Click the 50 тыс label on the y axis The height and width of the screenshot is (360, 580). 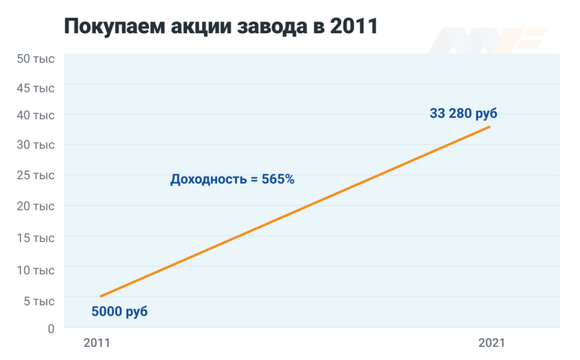tap(36, 59)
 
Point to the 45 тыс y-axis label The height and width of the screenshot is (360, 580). tap(36, 88)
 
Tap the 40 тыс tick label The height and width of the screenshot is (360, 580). tap(36, 115)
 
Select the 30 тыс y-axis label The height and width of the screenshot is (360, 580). tap(36, 145)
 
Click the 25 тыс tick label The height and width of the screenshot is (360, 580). tap(36, 175)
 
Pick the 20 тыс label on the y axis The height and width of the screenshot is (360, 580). tap(36, 206)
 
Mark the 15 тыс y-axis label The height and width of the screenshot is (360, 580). tap(36, 237)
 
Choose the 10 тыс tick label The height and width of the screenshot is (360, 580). tap(36, 270)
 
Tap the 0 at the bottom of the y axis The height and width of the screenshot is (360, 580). tap(49, 328)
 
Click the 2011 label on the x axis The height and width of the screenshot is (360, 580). tap(97, 343)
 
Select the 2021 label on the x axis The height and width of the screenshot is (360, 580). tap(491, 343)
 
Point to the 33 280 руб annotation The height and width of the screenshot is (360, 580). tap(463, 113)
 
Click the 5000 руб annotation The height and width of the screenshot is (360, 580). tap(119, 311)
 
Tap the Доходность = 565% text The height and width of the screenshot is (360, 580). tap(232, 179)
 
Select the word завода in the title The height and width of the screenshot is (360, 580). tap(273, 28)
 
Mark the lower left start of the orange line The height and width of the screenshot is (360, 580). tap(101, 296)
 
